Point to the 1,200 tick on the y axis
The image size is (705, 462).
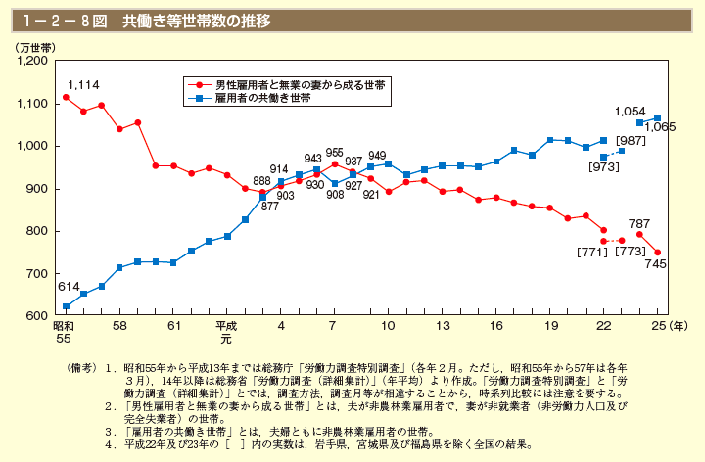click(x=33, y=61)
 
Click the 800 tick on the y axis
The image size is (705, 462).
click(x=39, y=231)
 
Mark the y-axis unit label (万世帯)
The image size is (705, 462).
click(x=34, y=46)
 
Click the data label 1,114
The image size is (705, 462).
click(x=83, y=86)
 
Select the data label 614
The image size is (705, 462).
click(x=67, y=287)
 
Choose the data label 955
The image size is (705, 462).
click(x=334, y=153)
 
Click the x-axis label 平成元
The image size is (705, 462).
click(x=226, y=330)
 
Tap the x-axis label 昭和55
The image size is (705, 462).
click(x=66, y=330)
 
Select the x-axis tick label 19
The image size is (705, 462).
click(x=550, y=324)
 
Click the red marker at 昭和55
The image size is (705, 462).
click(x=66, y=97)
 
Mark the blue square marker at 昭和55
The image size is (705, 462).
click(x=66, y=307)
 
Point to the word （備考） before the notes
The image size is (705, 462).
click(x=81, y=366)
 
